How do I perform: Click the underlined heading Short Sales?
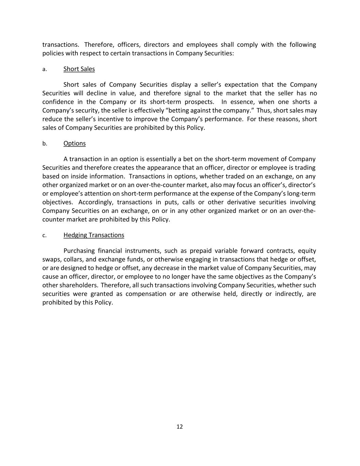click(x=79, y=69)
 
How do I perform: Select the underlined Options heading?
click(x=74, y=143)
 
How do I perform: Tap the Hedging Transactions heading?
click(x=93, y=235)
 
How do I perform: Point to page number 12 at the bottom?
click(x=180, y=427)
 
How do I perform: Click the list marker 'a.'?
click(x=44, y=69)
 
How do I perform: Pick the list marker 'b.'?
click(x=45, y=144)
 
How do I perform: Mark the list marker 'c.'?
click(x=44, y=236)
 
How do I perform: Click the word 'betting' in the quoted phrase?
click(x=175, y=111)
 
